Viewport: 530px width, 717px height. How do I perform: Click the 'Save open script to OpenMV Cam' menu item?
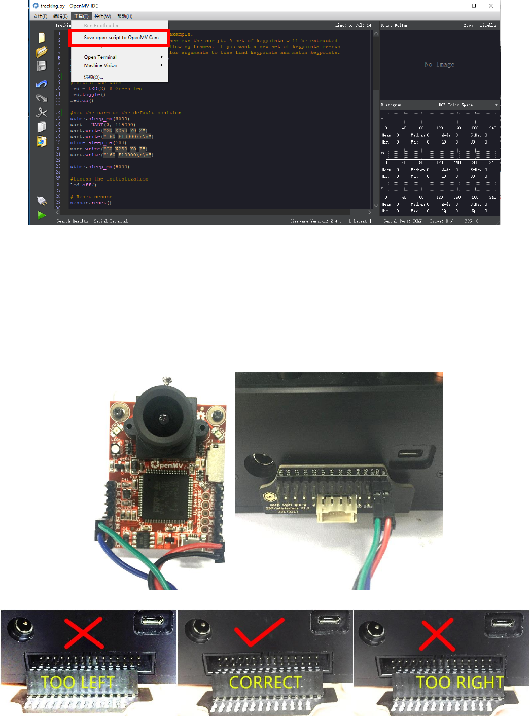click(121, 38)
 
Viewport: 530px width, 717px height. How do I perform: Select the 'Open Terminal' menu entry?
click(100, 57)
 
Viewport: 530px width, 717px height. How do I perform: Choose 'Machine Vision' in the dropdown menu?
click(100, 65)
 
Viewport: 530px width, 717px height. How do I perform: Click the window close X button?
click(491, 6)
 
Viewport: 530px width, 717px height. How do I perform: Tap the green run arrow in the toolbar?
click(42, 215)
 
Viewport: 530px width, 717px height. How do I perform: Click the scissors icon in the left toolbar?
click(42, 113)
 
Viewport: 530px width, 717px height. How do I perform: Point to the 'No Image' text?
click(439, 65)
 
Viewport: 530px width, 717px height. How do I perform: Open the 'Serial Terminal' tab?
click(111, 221)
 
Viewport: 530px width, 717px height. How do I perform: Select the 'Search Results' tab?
click(72, 221)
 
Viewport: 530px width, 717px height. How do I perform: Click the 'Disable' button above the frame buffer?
click(487, 25)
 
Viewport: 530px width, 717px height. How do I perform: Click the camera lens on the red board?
click(163, 418)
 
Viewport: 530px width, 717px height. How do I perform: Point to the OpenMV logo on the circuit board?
click(167, 464)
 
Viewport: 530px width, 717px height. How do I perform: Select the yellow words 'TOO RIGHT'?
click(460, 683)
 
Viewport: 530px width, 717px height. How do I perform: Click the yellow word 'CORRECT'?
click(265, 683)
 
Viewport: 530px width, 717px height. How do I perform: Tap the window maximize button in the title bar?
click(474, 6)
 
